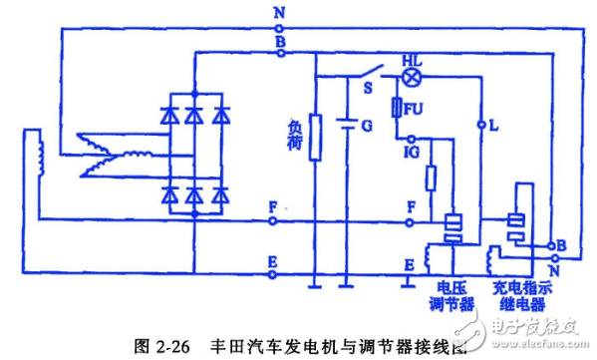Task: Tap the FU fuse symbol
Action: pos(397,108)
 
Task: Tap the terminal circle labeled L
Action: pos(481,126)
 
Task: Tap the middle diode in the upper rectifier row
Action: pos(192,115)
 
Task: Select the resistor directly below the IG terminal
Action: pos(432,180)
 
